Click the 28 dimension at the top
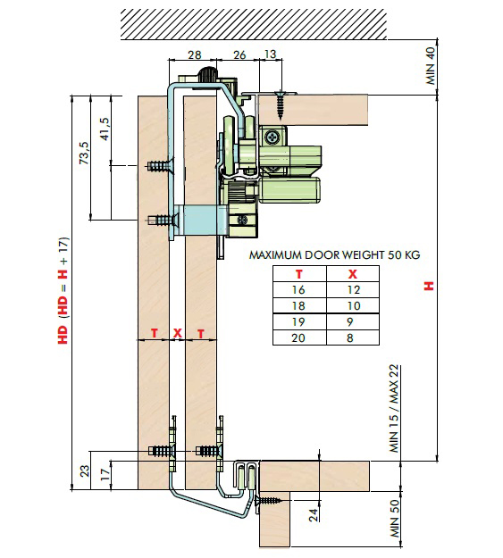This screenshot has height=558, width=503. (x=195, y=54)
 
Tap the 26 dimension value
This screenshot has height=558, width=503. (x=239, y=54)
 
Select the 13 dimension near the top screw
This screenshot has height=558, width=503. (x=271, y=54)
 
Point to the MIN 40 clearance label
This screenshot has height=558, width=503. (x=431, y=66)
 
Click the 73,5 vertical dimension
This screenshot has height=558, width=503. (x=84, y=153)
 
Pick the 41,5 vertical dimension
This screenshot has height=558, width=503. (x=105, y=129)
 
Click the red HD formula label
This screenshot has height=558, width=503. (x=63, y=290)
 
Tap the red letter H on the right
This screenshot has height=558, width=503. (x=429, y=286)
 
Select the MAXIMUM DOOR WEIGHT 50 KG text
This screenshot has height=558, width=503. (x=334, y=255)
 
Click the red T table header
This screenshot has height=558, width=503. (x=299, y=274)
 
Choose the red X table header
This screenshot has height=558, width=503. (x=353, y=274)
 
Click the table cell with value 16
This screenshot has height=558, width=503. (x=298, y=290)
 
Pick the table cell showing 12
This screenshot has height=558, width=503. (x=354, y=290)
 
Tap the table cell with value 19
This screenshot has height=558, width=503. (x=298, y=322)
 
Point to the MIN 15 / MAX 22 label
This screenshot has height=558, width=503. (x=394, y=409)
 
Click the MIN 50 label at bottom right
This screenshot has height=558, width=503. (x=395, y=519)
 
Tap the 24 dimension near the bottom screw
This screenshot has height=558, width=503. (x=314, y=515)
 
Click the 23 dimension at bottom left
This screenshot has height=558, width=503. (x=85, y=471)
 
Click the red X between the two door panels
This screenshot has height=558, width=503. (x=178, y=333)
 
